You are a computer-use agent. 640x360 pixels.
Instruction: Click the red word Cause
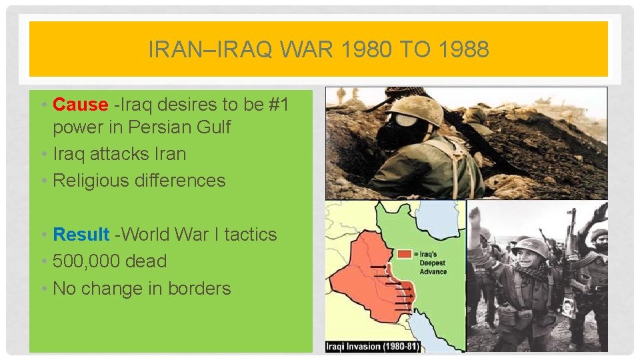(80, 105)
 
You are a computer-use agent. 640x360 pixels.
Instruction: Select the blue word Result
(81, 235)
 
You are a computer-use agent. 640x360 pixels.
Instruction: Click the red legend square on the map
(403, 254)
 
